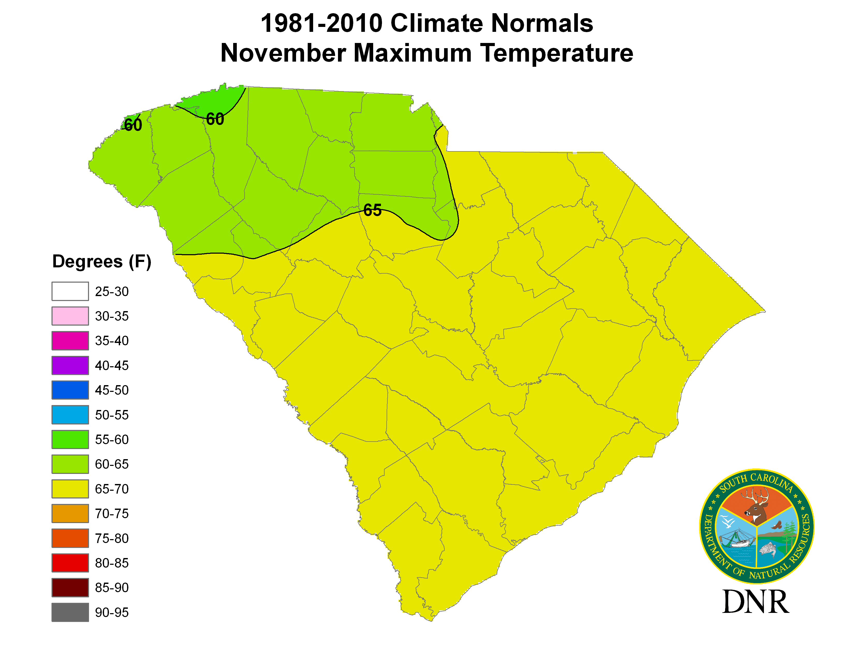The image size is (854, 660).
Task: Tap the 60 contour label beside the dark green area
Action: tap(215, 119)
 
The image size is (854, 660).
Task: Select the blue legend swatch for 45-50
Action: tap(70, 390)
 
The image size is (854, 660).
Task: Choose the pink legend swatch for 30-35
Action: tap(70, 316)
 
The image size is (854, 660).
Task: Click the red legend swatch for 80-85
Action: tap(70, 563)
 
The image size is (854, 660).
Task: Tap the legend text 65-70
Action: tap(112, 489)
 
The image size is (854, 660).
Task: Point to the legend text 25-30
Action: tap(112, 291)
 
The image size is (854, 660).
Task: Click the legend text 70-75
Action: tap(112, 514)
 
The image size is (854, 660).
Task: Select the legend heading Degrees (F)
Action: tap(102, 261)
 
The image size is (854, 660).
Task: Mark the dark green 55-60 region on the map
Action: tap(213, 98)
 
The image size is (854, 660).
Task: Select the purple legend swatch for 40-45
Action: tap(70, 365)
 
